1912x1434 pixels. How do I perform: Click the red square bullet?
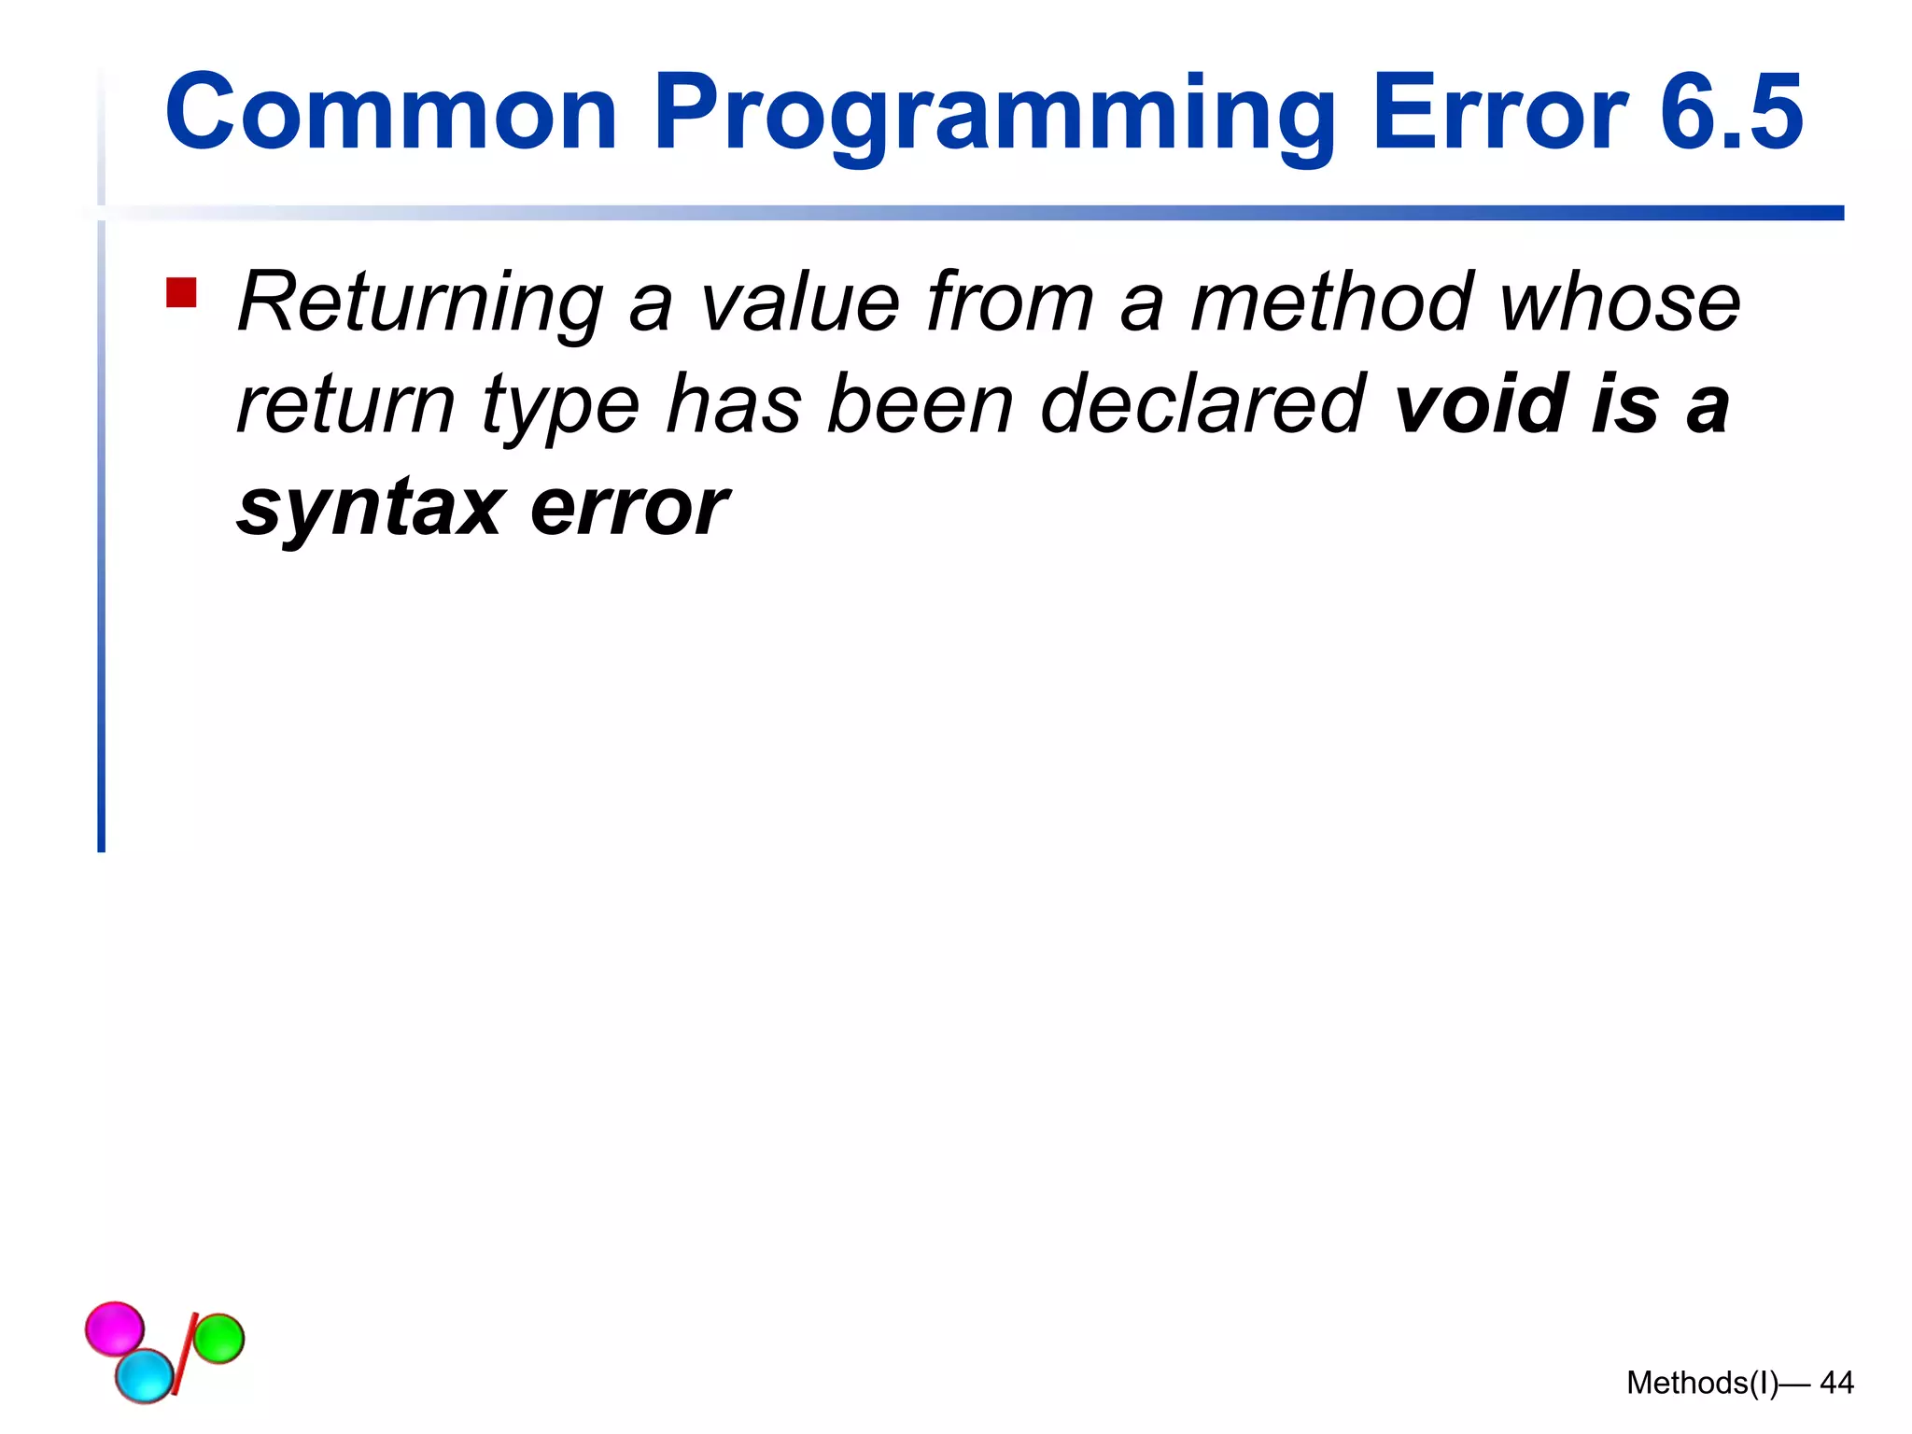[181, 293]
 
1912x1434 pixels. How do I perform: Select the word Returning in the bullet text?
[421, 303]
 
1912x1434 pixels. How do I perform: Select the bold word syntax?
[370, 510]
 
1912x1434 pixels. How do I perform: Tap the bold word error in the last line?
[629, 508]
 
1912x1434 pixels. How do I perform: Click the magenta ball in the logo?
[115, 1328]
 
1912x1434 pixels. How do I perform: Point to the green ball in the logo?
[218, 1337]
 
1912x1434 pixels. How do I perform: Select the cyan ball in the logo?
[145, 1374]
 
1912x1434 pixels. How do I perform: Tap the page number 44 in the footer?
[1836, 1383]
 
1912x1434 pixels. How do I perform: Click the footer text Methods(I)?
[1702, 1383]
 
